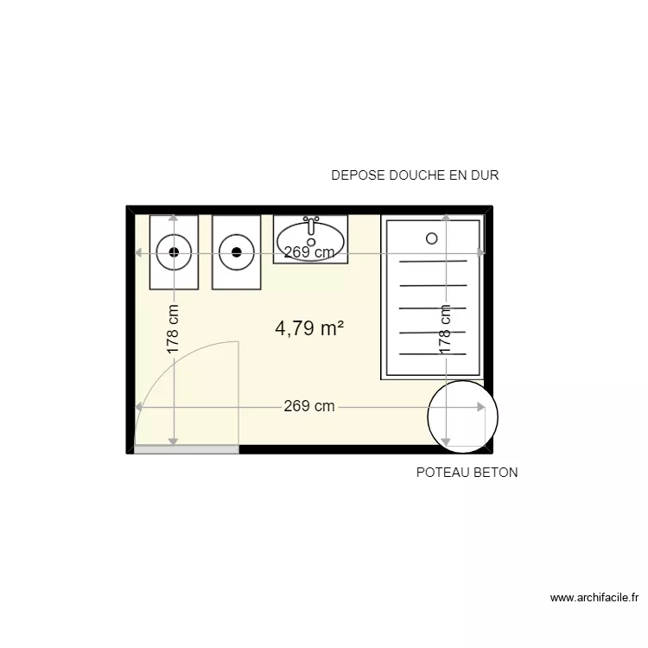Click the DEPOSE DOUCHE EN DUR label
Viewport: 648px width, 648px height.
(x=415, y=175)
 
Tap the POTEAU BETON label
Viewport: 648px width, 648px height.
(x=467, y=473)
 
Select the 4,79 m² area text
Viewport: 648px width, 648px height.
(x=310, y=328)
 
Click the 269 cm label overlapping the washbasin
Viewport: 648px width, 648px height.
(x=309, y=253)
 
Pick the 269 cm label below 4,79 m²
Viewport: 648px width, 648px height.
(x=309, y=407)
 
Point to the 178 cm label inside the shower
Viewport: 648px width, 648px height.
(x=446, y=329)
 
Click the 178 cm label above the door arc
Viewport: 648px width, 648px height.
(x=174, y=329)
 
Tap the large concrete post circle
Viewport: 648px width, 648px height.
(x=465, y=416)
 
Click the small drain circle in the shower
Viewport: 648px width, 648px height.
(x=432, y=238)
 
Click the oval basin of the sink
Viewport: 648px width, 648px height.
(x=310, y=238)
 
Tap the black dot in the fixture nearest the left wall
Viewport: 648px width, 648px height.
(x=175, y=252)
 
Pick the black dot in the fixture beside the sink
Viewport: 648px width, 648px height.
(x=236, y=252)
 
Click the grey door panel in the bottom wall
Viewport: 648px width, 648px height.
(x=187, y=449)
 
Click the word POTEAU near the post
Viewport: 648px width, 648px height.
(x=442, y=473)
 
